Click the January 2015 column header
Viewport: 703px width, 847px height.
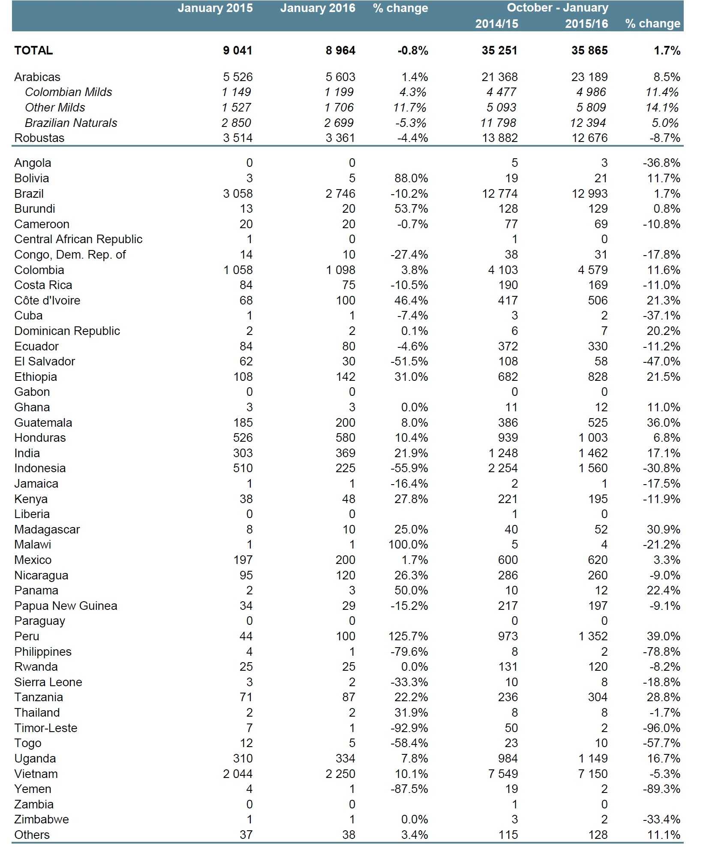point(215,8)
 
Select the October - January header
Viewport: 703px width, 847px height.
point(557,8)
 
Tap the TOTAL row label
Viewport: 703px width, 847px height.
point(33,51)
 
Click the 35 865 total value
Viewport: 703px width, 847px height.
point(589,51)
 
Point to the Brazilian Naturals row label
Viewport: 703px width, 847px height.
point(71,123)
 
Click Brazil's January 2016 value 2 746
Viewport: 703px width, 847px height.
point(340,194)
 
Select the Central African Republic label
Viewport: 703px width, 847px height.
point(78,239)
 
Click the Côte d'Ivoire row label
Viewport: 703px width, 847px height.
point(47,301)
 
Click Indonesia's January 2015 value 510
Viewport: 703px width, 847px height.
point(243,468)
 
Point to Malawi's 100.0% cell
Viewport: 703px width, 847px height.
point(408,545)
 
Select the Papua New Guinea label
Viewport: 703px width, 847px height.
point(66,606)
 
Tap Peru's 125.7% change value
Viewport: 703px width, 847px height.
point(408,636)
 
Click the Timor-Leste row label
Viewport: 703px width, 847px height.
point(46,728)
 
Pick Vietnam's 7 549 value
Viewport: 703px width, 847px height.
point(502,774)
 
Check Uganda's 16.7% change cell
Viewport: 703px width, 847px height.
point(664,759)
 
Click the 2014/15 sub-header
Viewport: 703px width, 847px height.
point(496,24)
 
